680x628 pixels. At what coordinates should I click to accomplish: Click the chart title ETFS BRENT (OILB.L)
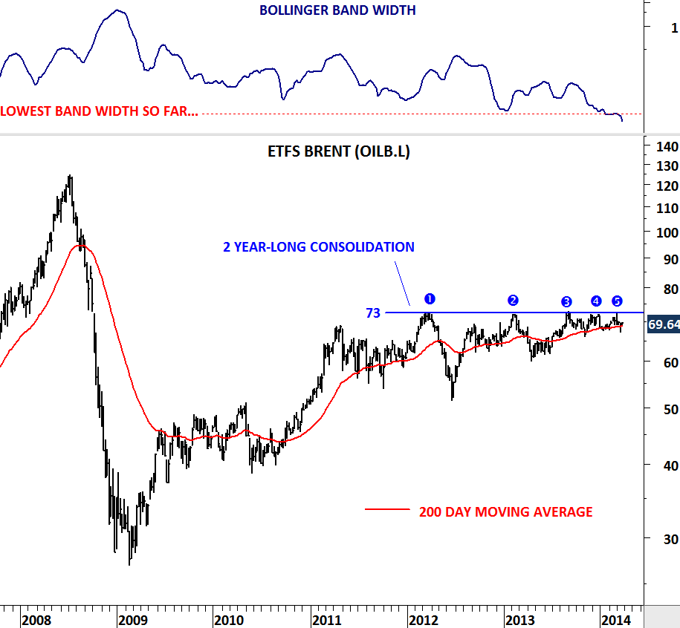tap(338, 151)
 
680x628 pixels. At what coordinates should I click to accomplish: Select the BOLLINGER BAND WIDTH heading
tap(337, 10)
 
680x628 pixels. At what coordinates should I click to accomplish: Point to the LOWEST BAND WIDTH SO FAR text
tap(100, 112)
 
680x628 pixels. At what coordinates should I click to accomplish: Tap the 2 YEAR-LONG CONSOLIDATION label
tap(319, 247)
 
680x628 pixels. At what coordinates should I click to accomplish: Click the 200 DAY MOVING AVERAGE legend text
tap(505, 511)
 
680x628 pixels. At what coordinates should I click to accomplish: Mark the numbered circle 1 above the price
tap(429, 298)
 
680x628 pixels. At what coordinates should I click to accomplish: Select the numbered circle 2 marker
tap(513, 300)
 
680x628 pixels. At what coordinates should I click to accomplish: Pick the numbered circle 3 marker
tap(566, 301)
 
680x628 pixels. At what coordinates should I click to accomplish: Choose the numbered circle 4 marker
tap(596, 301)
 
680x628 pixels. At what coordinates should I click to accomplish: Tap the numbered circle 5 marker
tap(617, 301)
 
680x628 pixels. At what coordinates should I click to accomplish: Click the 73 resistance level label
tap(372, 313)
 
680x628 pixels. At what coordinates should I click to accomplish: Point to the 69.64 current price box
tap(664, 324)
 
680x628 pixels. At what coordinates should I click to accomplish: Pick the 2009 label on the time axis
tap(132, 619)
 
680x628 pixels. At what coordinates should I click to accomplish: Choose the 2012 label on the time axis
tap(424, 619)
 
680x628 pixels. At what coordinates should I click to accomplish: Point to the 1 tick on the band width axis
tap(674, 28)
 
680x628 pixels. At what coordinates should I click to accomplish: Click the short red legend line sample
tap(387, 510)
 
